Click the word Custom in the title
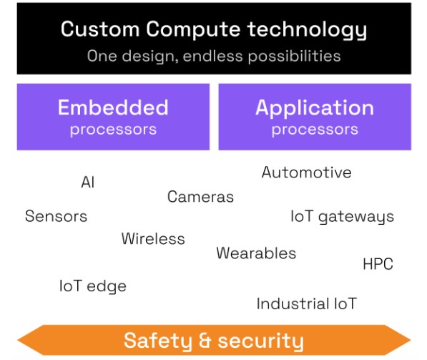click(100, 29)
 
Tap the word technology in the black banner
click(307, 30)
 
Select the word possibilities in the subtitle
click(295, 57)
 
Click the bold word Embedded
click(113, 107)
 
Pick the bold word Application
click(315, 108)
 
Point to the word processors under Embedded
click(113, 130)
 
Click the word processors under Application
click(315, 130)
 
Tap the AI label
click(88, 182)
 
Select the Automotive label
click(306, 172)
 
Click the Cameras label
click(200, 197)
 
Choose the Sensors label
click(56, 216)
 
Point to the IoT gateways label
click(343, 217)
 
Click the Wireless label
click(153, 239)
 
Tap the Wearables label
click(256, 253)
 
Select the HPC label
click(378, 264)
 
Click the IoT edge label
click(93, 287)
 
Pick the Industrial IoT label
click(307, 304)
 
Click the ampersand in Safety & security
click(205, 341)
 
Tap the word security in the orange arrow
click(260, 341)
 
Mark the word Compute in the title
click(193, 30)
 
